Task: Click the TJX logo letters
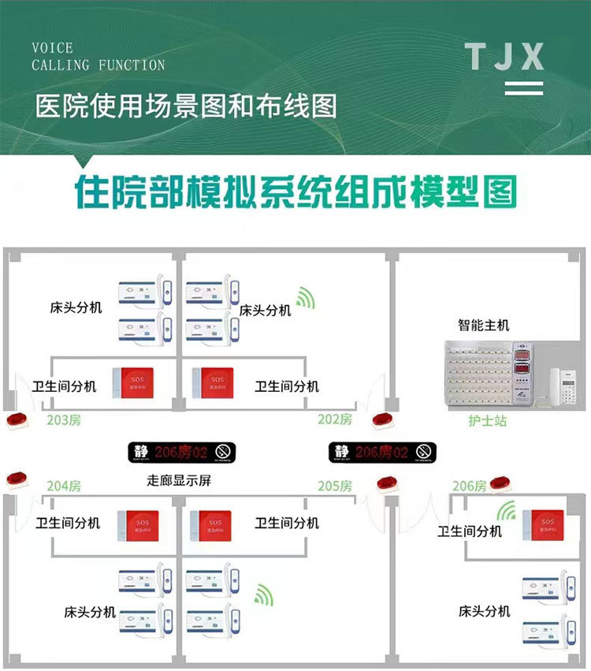[x=504, y=57]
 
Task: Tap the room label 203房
[x=64, y=420]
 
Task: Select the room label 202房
[x=335, y=420]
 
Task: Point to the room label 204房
[x=64, y=486]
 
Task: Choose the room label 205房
[x=335, y=486]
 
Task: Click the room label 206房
[x=469, y=486]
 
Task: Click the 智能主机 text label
[x=484, y=325]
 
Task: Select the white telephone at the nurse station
[x=563, y=385]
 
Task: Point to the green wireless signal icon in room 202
[x=305, y=298]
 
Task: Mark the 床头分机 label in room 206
[x=485, y=611]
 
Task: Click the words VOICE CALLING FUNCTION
[x=98, y=57]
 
